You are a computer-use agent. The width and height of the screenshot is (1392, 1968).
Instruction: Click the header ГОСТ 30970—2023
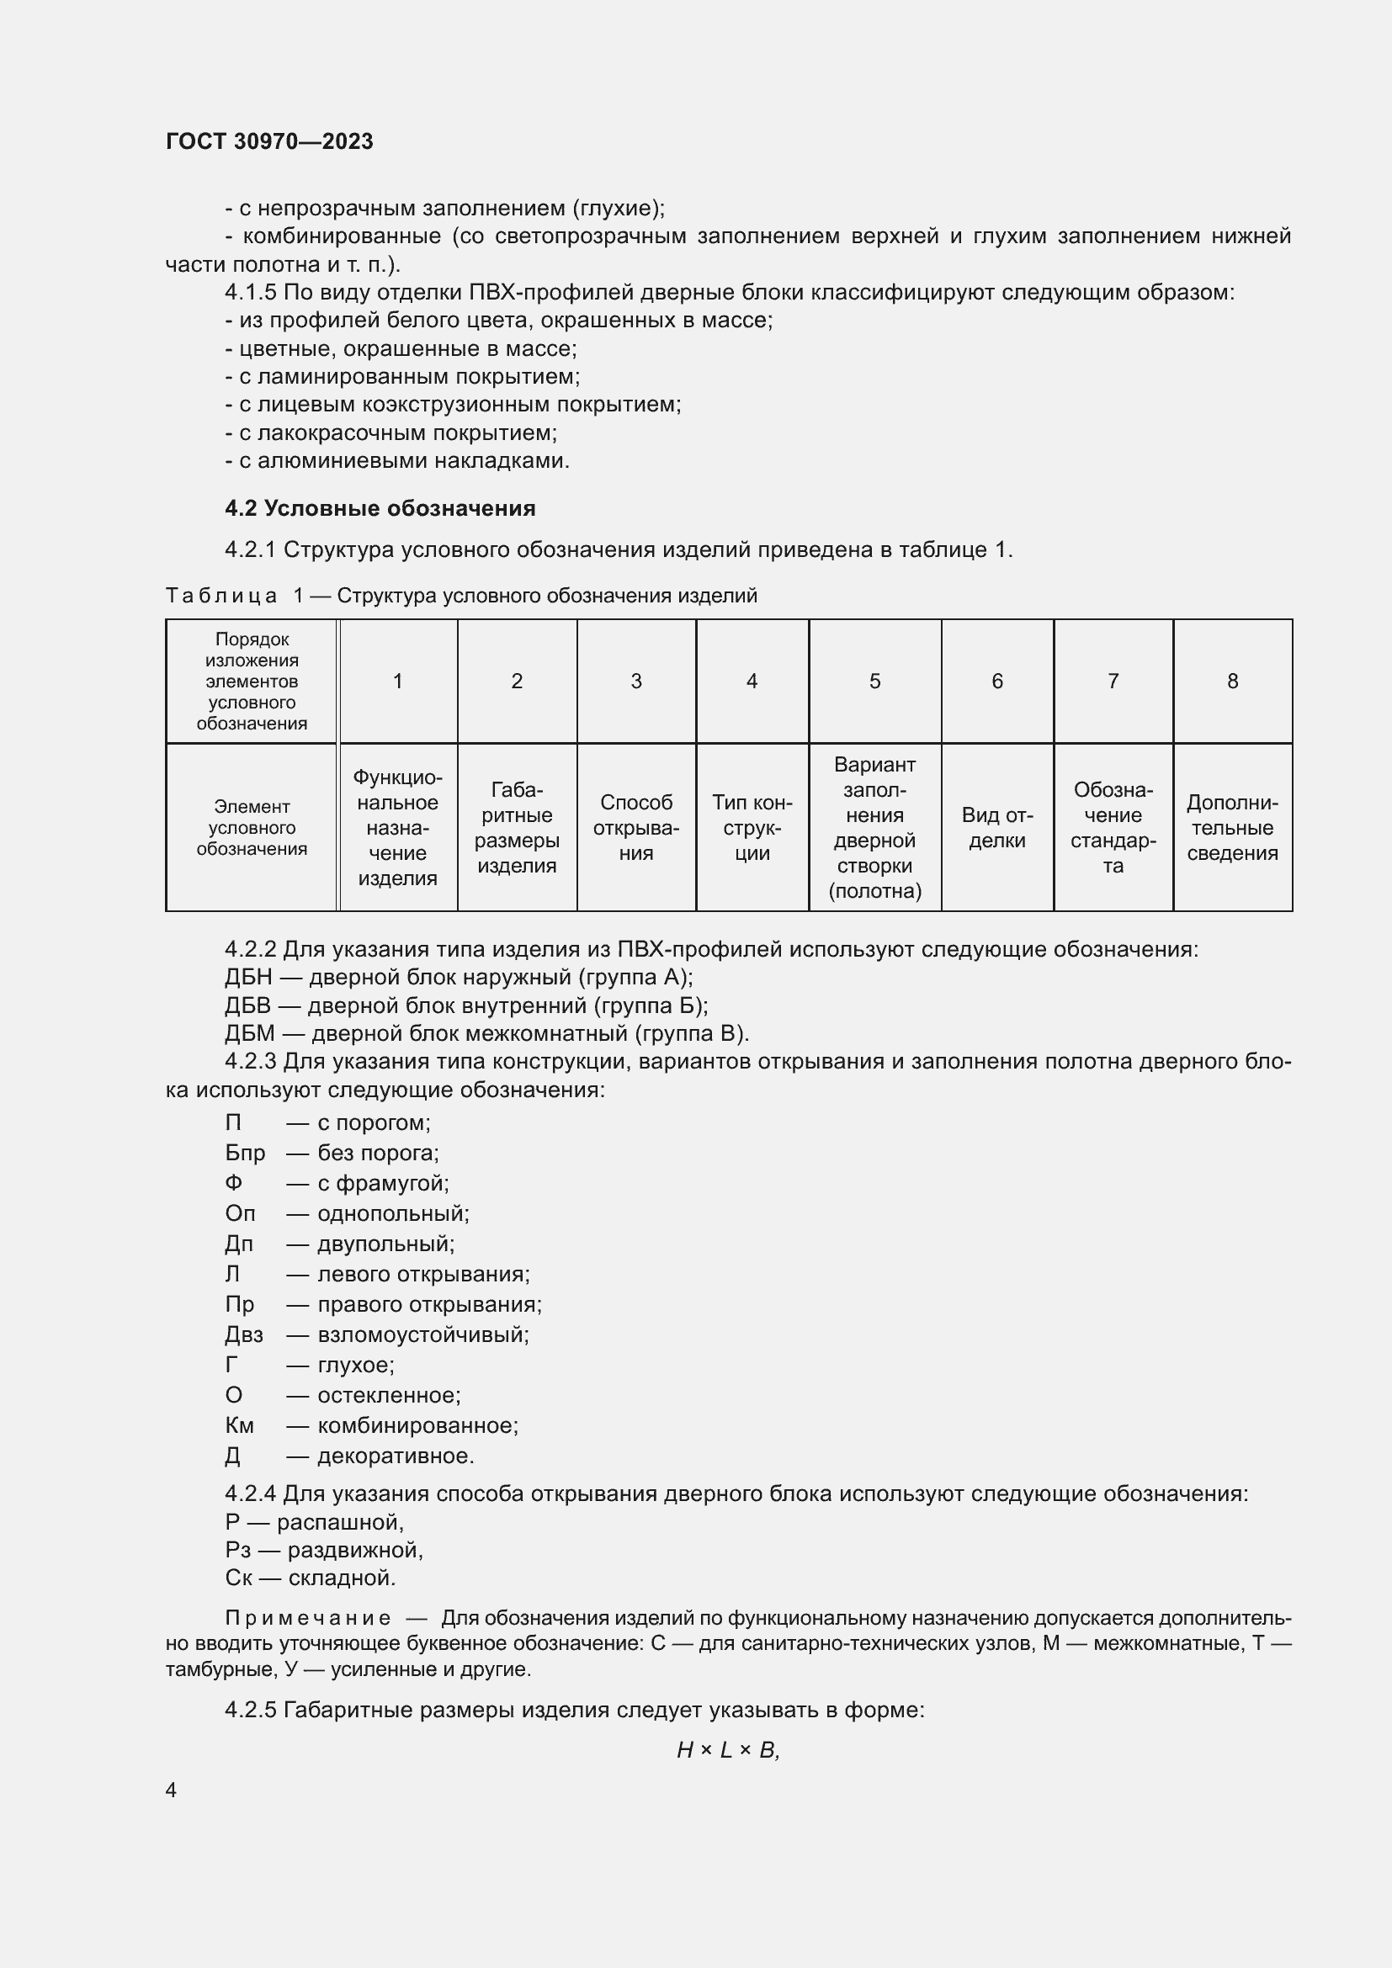pos(269,141)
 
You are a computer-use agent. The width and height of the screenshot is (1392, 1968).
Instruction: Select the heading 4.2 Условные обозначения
pos(380,508)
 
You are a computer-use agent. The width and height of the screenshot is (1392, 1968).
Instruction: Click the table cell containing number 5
pos(874,681)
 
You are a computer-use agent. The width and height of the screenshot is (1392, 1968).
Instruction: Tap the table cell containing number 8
pos(1232,681)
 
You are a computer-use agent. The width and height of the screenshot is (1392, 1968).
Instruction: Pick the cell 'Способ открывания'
pos(636,827)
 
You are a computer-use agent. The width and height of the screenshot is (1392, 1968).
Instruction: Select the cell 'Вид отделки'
pos(996,827)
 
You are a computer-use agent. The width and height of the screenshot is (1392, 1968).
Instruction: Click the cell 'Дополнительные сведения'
pos(1232,827)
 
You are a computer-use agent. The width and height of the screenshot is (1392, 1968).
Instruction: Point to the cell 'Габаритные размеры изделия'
pos(516,827)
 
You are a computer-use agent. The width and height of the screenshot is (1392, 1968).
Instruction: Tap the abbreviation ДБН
pos(247,977)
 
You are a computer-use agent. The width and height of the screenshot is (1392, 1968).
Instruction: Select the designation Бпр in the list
pos(245,1153)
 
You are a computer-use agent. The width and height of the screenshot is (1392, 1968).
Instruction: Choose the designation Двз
pos(244,1334)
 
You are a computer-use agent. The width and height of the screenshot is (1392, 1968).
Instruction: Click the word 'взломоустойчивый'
pos(422,1334)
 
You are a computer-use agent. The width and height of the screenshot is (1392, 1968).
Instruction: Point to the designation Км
pos(239,1425)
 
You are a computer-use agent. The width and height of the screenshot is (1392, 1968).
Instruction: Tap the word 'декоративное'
pos(396,1456)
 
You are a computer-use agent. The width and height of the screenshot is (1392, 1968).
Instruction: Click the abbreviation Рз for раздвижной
pos(237,1550)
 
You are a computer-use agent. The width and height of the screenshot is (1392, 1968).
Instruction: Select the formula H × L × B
pos(727,1750)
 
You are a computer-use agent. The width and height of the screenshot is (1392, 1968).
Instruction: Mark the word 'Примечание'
pos(308,1618)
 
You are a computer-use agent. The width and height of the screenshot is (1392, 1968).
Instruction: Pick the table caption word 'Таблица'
pos(221,596)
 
